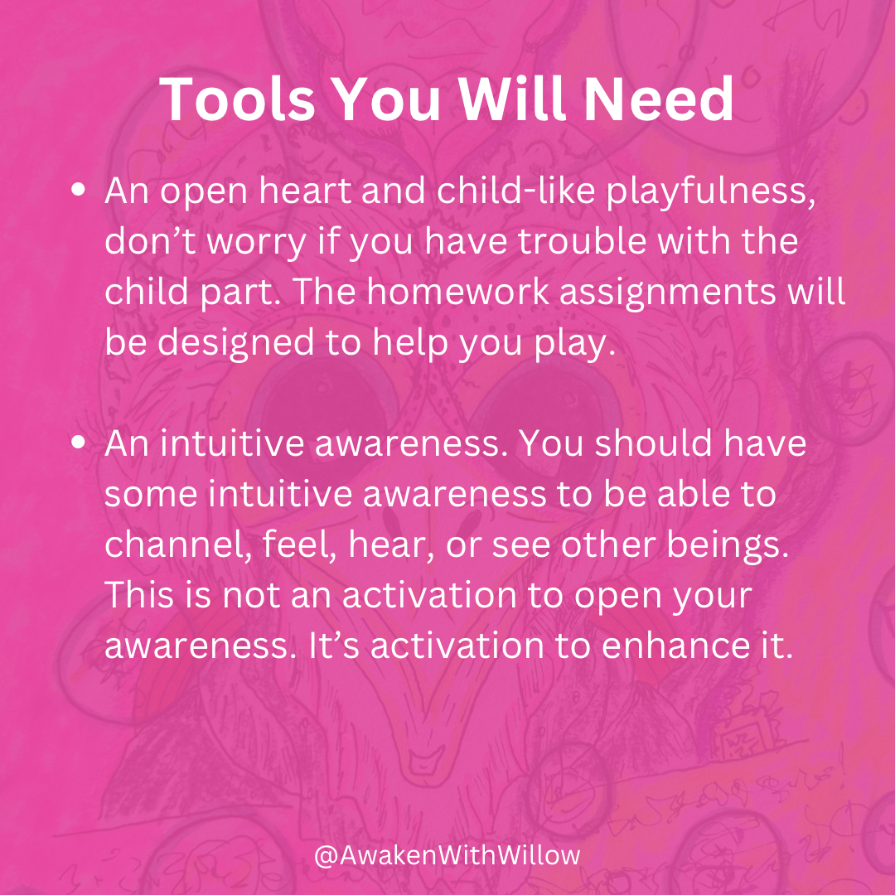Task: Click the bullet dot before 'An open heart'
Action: click(x=79, y=190)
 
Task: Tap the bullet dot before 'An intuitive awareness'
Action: click(x=79, y=443)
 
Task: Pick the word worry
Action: click(x=257, y=243)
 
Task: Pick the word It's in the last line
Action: click(x=334, y=646)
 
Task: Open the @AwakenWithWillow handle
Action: click(x=447, y=855)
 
